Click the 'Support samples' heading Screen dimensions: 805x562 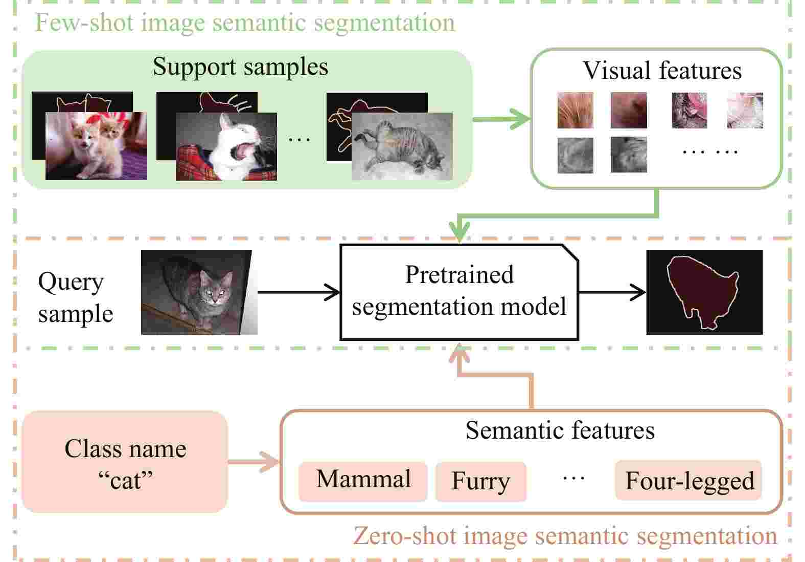pyautogui.click(x=240, y=67)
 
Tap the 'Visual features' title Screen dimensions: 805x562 pyautogui.click(x=662, y=70)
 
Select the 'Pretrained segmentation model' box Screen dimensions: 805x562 pyautogui.click(x=459, y=292)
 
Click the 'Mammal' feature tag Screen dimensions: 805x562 pyautogui.click(x=363, y=480)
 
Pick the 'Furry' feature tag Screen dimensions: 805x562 pyautogui.click(x=481, y=481)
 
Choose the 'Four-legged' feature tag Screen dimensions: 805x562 pyautogui.click(x=688, y=480)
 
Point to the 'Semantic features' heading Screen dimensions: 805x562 pyautogui.click(x=560, y=430)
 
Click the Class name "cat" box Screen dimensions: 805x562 pyautogui.click(x=125, y=463)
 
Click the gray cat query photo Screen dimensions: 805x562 pyautogui.click(x=199, y=292)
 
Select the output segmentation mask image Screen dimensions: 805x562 pyautogui.click(x=704, y=292)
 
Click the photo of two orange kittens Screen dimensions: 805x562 pyautogui.click(x=96, y=146)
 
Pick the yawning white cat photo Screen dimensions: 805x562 pyautogui.click(x=226, y=147)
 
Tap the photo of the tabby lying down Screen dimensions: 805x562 pyautogui.click(x=402, y=146)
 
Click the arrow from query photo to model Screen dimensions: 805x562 pyautogui.click(x=299, y=292)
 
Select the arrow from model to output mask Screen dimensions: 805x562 pyautogui.click(x=612, y=292)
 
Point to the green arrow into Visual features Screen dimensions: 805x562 pyautogui.click(x=502, y=119)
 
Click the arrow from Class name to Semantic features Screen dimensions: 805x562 pyautogui.click(x=254, y=462)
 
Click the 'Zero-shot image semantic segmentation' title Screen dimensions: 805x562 pyautogui.click(x=565, y=536)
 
